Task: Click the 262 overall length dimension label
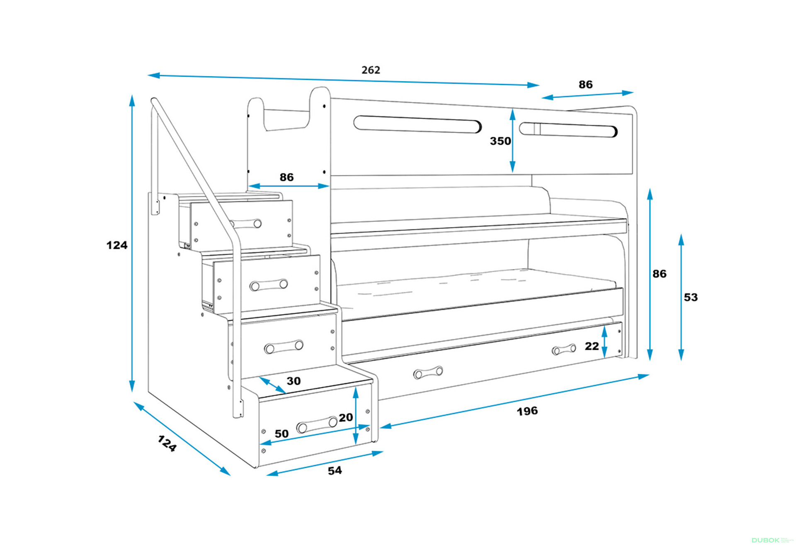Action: pyautogui.click(x=371, y=70)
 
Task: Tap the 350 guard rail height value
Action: pyautogui.click(x=500, y=141)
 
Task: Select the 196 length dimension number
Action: pyautogui.click(x=527, y=411)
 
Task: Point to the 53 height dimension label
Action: pyautogui.click(x=690, y=297)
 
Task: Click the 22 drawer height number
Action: pyautogui.click(x=592, y=346)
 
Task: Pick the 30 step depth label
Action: pyautogui.click(x=294, y=381)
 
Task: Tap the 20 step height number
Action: pyautogui.click(x=345, y=417)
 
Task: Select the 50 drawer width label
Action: pyautogui.click(x=282, y=434)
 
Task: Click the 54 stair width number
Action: pyautogui.click(x=335, y=470)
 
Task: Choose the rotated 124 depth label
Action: pyautogui.click(x=167, y=443)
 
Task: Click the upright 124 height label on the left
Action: pyautogui.click(x=116, y=245)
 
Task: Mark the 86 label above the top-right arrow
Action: pyautogui.click(x=585, y=85)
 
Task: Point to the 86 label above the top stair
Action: pyautogui.click(x=286, y=177)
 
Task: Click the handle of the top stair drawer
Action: pyautogui.click(x=246, y=224)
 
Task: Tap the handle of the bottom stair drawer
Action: pyautogui.click(x=317, y=424)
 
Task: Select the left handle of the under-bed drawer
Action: pyautogui.click(x=428, y=372)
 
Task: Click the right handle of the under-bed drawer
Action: pyautogui.click(x=564, y=350)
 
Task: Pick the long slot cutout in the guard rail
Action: pyautogui.click(x=417, y=124)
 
